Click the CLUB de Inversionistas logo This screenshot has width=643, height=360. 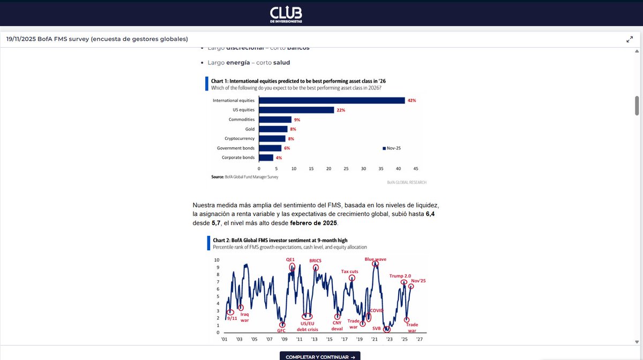[286, 13]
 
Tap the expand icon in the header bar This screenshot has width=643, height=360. [630, 39]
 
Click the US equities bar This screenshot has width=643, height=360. [296, 110]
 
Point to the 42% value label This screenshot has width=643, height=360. [412, 100]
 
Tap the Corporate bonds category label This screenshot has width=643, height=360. [238, 157]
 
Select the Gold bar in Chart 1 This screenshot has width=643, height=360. [273, 129]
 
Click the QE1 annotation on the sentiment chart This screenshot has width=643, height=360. [291, 260]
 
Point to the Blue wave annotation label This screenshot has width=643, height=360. [376, 259]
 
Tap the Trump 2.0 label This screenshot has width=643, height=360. [400, 276]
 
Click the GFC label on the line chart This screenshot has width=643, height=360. [281, 331]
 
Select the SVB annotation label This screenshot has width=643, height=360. [377, 328]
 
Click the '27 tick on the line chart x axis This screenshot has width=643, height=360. [420, 339]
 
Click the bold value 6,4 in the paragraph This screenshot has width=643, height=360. [430, 214]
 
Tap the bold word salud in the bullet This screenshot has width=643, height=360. [281, 63]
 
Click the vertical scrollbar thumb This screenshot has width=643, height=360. [637, 106]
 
